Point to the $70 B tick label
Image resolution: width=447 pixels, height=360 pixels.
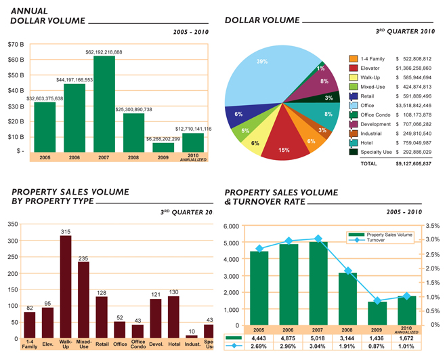tap(17, 45)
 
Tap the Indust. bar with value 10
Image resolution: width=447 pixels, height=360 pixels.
tap(192, 336)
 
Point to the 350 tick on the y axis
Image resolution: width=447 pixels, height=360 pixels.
tap(12, 224)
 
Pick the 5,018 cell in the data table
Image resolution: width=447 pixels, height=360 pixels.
tap(314, 338)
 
